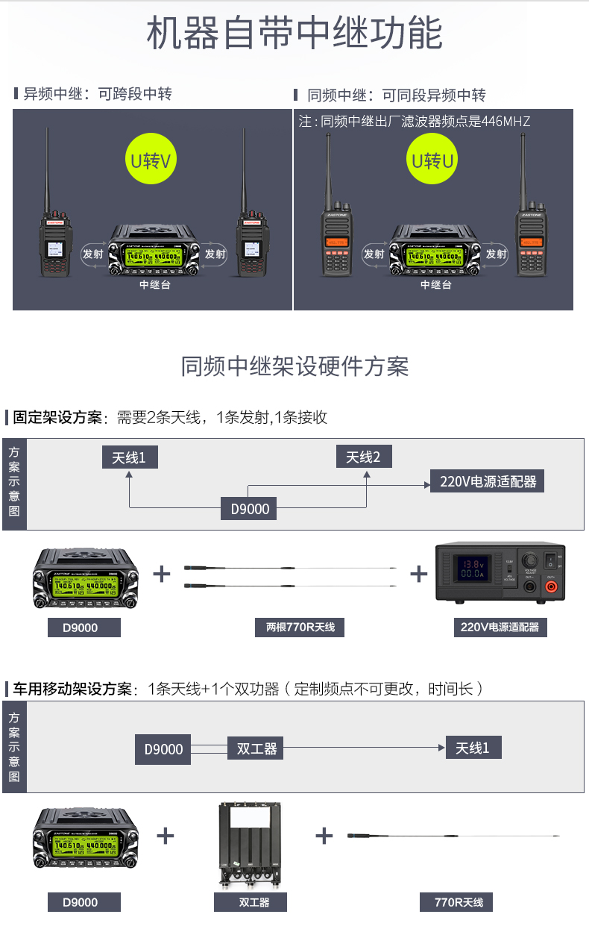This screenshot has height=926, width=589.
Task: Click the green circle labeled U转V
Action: pyautogui.click(x=151, y=160)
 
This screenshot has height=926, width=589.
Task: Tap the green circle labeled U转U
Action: pyautogui.click(x=433, y=160)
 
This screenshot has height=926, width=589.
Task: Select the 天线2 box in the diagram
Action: pyautogui.click(x=363, y=457)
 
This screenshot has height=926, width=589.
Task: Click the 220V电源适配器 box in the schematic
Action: pyautogui.click(x=488, y=481)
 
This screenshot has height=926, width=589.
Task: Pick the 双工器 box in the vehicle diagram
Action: pyautogui.click(x=256, y=748)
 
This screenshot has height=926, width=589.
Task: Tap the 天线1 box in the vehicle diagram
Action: pyautogui.click(x=473, y=748)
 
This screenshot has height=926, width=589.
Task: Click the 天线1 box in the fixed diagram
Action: pyautogui.click(x=130, y=457)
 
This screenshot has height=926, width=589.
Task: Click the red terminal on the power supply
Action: pyautogui.click(x=551, y=587)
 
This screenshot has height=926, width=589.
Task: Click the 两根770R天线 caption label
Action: pyautogui.click(x=300, y=627)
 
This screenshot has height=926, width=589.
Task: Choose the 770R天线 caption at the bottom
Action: pyautogui.click(x=459, y=902)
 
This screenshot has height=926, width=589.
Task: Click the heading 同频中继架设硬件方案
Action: pyautogui.click(x=294, y=366)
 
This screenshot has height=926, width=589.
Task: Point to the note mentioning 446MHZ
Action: pyautogui.click(x=415, y=121)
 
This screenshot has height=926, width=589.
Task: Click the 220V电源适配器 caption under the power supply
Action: pyautogui.click(x=500, y=627)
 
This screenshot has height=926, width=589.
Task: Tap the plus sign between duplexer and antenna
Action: pyautogui.click(x=324, y=836)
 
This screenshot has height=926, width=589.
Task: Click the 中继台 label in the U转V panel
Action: pyautogui.click(x=154, y=284)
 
